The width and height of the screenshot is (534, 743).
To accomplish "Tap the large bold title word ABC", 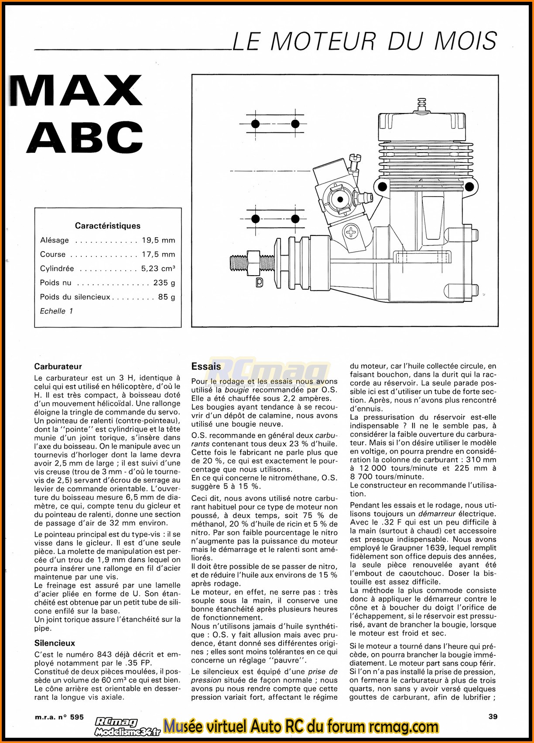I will pos(86,137).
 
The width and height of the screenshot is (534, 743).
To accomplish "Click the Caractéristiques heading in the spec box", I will pos(108,226).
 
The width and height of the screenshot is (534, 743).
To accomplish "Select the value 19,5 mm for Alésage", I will pos(158,240).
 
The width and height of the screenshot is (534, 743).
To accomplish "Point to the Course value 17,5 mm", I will pos(158,254).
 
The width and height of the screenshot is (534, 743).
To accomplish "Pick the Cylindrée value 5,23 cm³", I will pos(158,269).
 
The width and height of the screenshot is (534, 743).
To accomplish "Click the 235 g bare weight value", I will pos(164,283).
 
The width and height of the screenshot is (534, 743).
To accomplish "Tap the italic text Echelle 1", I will pos(56,311).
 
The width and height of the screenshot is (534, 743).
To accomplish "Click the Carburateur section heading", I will pos(58,366).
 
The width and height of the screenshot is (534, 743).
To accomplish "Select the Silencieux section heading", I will pos(55,643).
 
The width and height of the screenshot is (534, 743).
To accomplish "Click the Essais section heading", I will pos(206,366).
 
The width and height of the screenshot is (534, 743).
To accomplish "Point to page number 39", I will pos(493,716).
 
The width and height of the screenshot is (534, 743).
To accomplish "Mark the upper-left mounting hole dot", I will pos(256,124).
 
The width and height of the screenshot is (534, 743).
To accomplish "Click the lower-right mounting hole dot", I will pos(295,218).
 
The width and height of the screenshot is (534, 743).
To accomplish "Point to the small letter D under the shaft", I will pos(260,283).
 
